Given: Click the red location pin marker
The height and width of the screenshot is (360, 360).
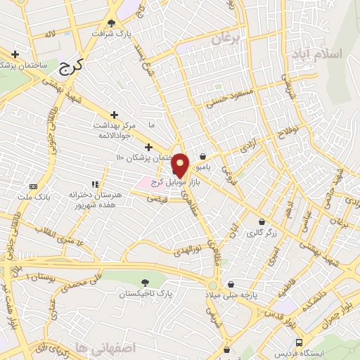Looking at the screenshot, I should [180, 165].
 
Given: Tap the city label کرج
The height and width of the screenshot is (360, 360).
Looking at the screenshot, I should [70, 67].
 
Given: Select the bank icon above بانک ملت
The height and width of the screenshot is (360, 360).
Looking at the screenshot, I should [32, 186].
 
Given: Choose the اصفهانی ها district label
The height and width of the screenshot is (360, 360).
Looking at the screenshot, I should [82, 347].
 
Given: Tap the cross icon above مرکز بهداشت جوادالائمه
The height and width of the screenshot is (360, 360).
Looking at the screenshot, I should [115, 114].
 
